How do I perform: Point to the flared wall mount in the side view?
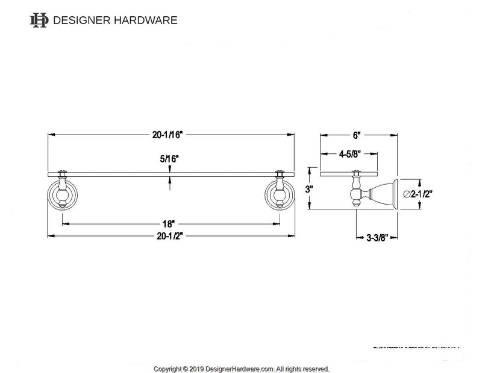point(383,194)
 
